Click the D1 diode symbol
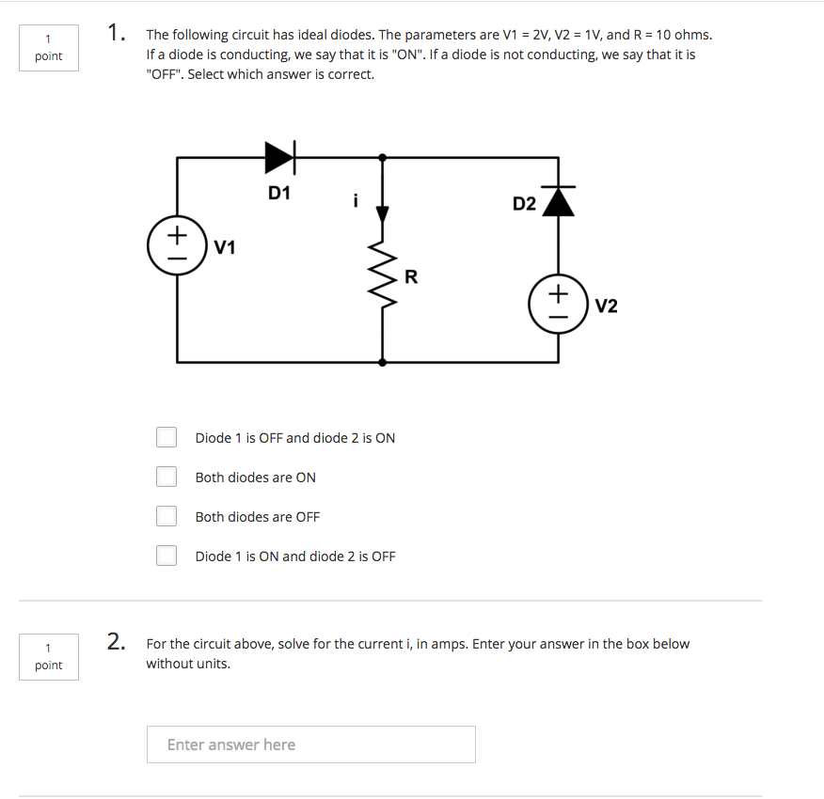tap(280, 158)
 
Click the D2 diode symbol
tap(560, 201)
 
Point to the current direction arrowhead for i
tap(383, 214)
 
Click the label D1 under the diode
tap(279, 194)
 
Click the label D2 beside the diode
tap(524, 204)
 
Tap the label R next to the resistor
tap(410, 276)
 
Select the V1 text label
tap(225, 248)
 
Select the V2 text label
tap(607, 306)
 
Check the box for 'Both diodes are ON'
tap(166, 477)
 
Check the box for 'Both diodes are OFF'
tap(166, 516)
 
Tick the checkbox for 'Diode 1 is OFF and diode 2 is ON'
tap(166, 437)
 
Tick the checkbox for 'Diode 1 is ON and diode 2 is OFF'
tap(166, 556)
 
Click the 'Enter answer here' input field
tap(310, 744)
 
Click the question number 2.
tap(117, 642)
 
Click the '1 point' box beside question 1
tap(48, 47)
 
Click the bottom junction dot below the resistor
tap(382, 361)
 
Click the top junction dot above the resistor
tap(382, 158)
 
